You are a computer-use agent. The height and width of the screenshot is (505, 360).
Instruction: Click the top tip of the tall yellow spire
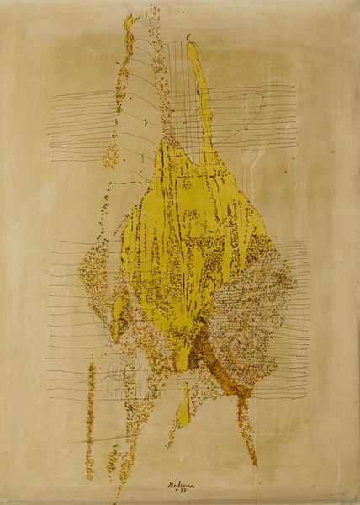191,44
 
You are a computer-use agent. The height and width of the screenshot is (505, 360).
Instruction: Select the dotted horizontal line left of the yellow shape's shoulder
126,180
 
